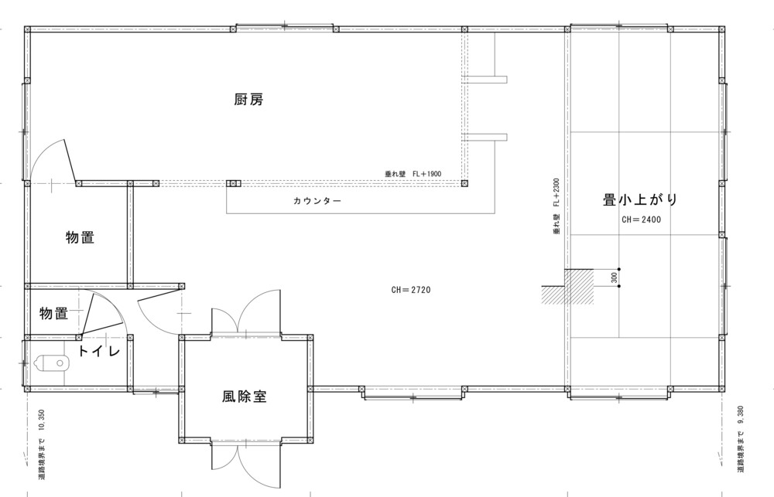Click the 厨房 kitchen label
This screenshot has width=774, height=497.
coord(248,100)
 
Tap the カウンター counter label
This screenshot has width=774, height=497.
coord(317,201)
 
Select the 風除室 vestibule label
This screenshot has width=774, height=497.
coord(245,397)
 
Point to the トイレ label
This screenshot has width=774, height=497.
coord(99,352)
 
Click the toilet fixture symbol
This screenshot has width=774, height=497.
coord(52,363)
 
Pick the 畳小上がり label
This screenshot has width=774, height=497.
coord(640,199)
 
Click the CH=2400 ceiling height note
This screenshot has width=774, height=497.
coord(641,220)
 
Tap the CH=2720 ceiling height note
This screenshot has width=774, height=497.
coord(411,290)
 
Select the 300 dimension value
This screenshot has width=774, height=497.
coord(614,277)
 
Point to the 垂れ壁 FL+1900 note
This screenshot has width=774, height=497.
coord(413,174)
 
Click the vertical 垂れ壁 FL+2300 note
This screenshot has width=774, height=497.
coord(557,206)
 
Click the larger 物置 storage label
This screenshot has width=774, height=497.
coord(80,237)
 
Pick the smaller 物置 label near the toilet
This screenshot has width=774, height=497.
coord(54,314)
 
